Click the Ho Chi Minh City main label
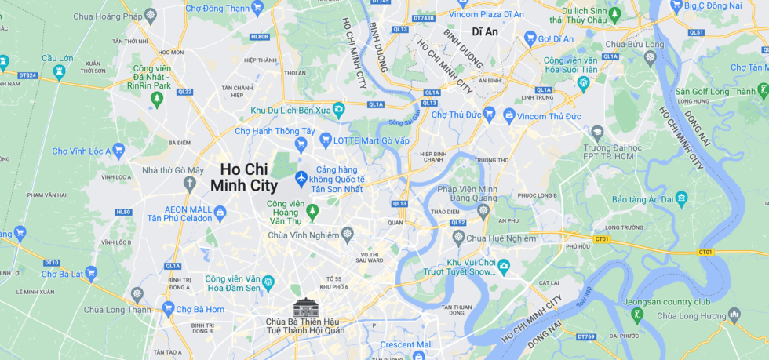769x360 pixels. coord(244,177)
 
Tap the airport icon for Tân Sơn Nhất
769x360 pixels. coord(301,178)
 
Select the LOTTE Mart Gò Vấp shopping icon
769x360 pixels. coord(326,139)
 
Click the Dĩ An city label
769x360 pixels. coord(485,32)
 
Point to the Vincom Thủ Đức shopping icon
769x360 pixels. coord(508,116)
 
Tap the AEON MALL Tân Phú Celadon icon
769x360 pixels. coord(220,211)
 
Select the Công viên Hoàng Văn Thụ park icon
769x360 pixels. coord(312,211)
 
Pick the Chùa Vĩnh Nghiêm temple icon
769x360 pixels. coord(347,235)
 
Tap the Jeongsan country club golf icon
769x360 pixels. coord(637,315)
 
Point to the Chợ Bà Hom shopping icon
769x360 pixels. coord(168,308)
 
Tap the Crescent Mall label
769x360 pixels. coord(406,344)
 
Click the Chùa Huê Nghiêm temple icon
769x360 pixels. coord(458,237)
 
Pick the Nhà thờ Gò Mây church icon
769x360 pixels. coord(188,184)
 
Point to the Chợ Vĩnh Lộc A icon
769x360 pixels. coord(118,150)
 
